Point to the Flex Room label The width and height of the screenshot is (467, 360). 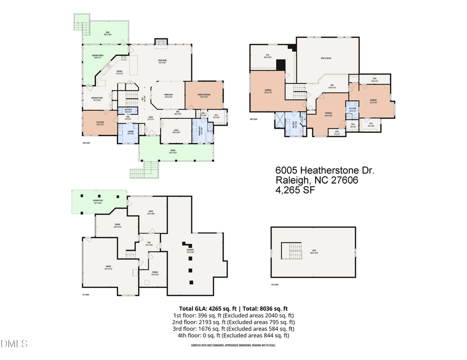point(94,123)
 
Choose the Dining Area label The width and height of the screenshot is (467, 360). point(168,96)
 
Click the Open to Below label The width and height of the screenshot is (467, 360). point(326,58)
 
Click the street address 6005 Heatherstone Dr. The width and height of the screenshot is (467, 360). point(324,171)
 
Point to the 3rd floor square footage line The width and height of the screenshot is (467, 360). point(233,328)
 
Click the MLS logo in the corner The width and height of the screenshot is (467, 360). point(14,344)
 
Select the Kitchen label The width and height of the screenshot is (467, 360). point(119,72)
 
